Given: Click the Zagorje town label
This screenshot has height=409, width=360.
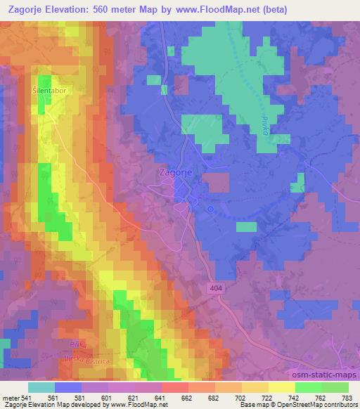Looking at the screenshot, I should pyautogui.click(x=173, y=171).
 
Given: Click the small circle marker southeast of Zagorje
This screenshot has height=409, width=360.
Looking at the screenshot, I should pyautogui.click(x=210, y=209).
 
